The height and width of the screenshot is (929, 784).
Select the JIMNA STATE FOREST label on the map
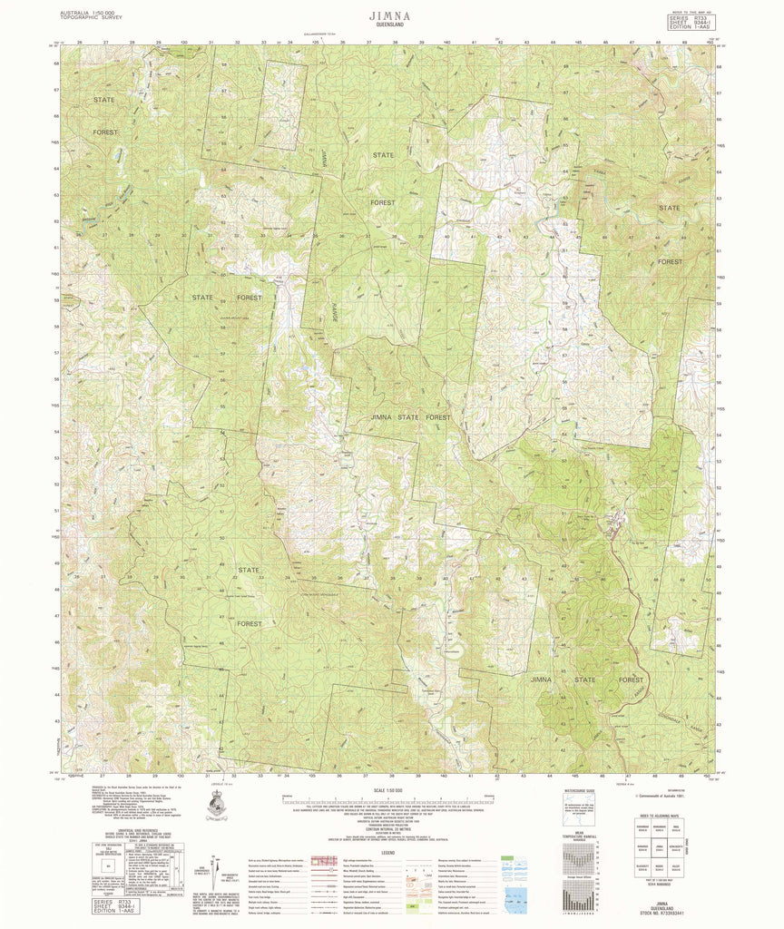(410, 416)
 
